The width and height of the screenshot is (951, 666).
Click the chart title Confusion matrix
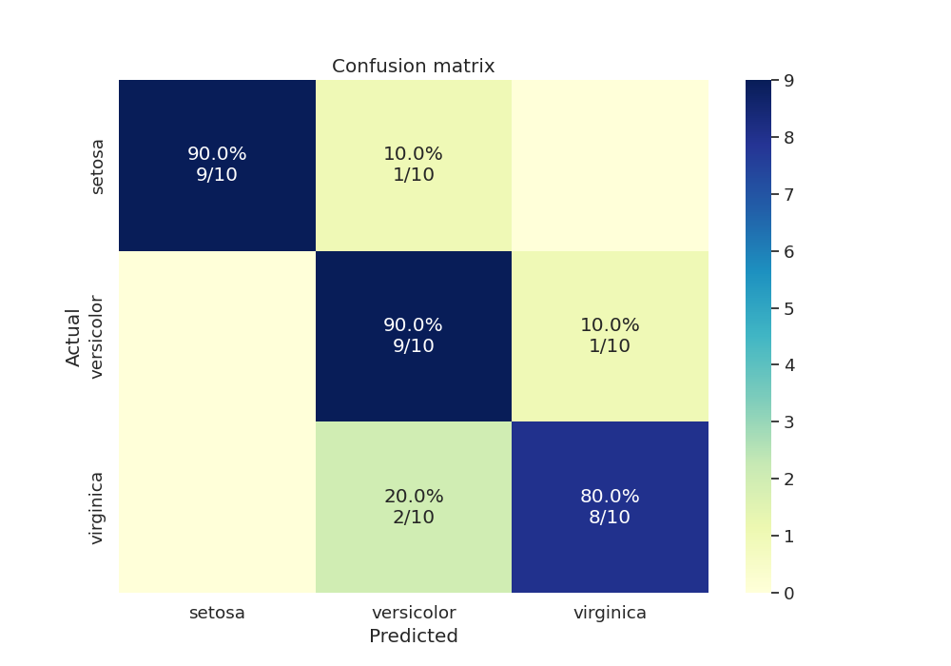[413, 67]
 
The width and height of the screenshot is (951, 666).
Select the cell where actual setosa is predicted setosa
[217, 166]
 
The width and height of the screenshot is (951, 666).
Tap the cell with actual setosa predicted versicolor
[413, 166]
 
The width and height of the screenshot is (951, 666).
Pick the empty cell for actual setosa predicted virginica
[610, 166]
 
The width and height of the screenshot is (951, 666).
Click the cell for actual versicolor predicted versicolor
[413, 336]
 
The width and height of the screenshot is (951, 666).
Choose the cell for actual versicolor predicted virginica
[610, 336]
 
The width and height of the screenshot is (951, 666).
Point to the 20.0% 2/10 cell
[413, 507]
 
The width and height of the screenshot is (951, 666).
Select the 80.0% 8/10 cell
[610, 507]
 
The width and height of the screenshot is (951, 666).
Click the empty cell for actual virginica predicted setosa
[217, 507]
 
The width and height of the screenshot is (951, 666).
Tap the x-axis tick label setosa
[217, 614]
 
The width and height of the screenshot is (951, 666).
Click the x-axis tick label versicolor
[413, 614]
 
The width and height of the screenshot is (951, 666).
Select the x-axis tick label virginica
[610, 614]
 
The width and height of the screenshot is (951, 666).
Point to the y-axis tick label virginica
[96, 507]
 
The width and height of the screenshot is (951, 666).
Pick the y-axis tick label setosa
[96, 166]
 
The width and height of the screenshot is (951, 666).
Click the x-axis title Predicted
[413, 637]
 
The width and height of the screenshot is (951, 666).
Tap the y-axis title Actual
[73, 336]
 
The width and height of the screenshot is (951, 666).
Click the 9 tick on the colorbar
[787, 81]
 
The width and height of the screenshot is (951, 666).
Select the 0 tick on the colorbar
[787, 593]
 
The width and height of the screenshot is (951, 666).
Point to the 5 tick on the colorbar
[787, 308]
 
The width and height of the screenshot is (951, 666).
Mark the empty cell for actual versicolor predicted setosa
[217, 336]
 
